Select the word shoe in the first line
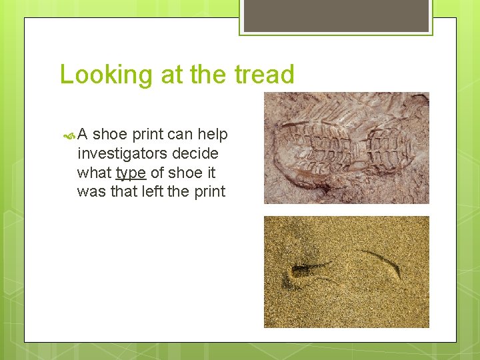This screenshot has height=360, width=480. click(110, 135)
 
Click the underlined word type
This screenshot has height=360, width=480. click(131, 173)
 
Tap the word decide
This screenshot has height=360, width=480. click(197, 154)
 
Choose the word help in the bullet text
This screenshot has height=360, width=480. click(213, 135)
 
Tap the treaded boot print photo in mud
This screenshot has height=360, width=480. click(346, 147)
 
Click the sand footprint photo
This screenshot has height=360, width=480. click(346, 271)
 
